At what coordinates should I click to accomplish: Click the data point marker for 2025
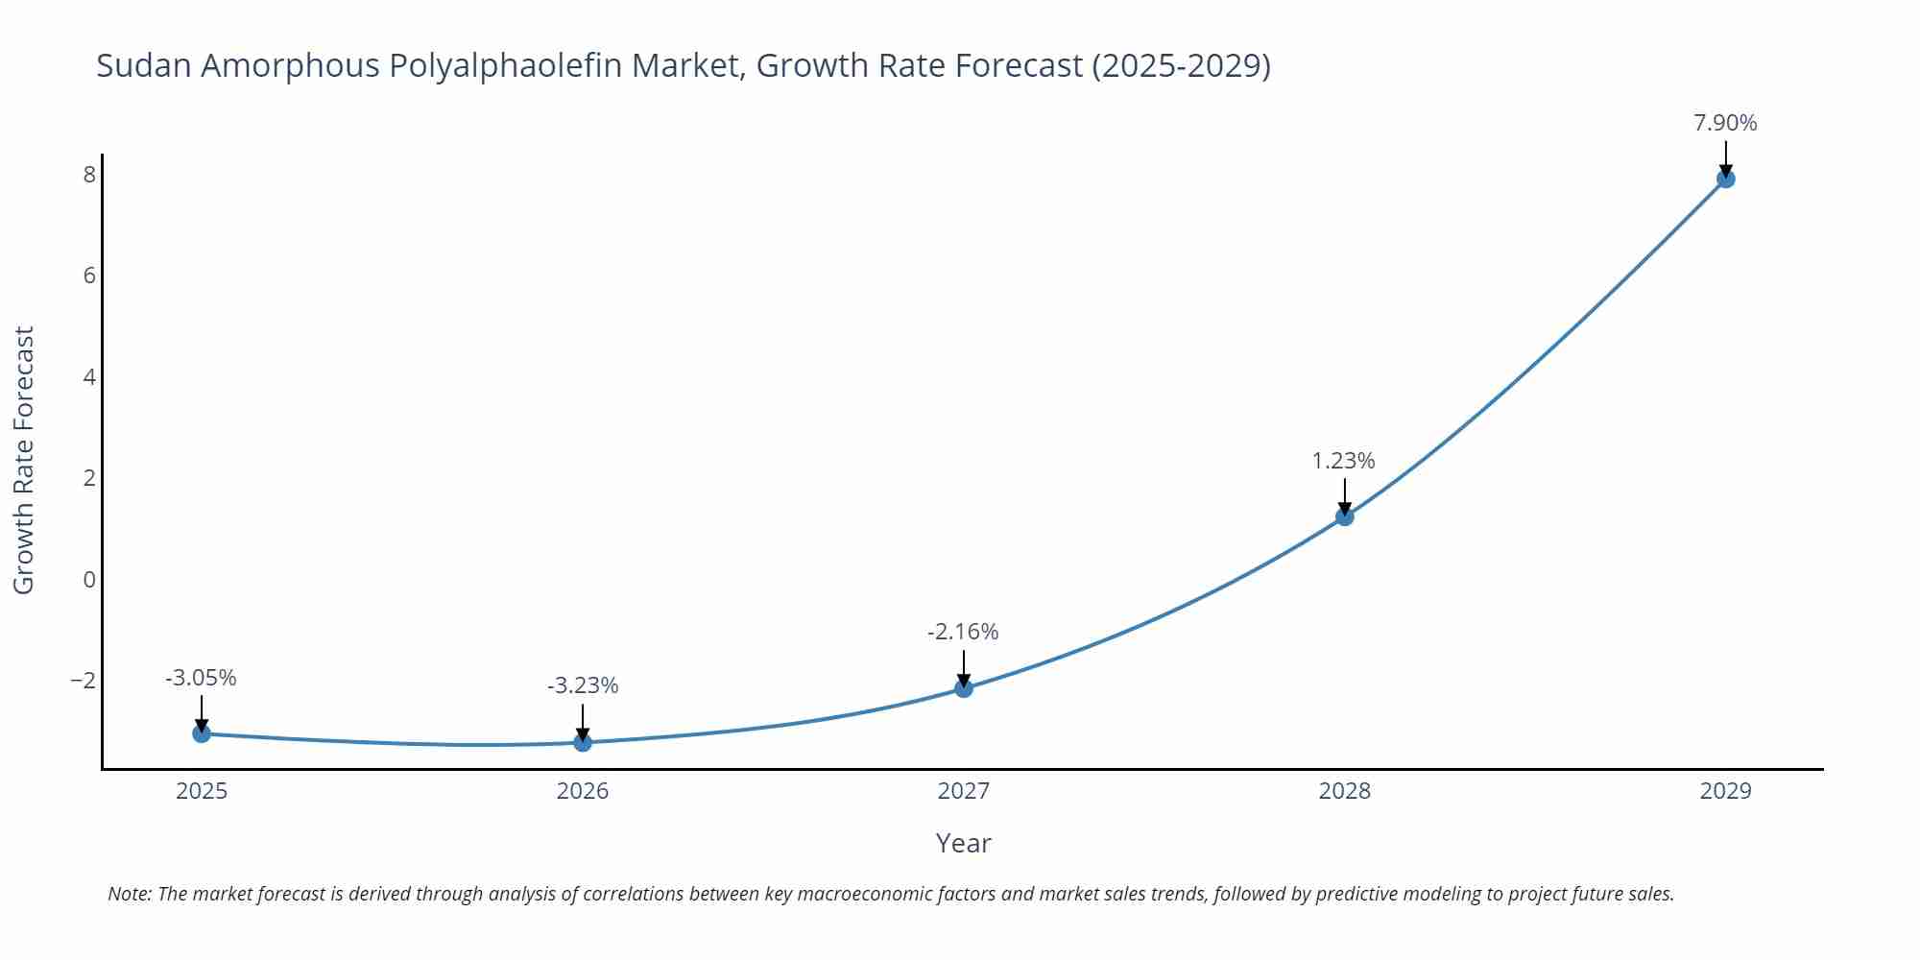pyautogui.click(x=202, y=733)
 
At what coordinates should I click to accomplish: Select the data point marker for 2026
pyautogui.click(x=583, y=742)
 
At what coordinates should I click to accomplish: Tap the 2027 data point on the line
pyautogui.click(x=964, y=688)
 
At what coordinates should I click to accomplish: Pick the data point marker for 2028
pyautogui.click(x=1345, y=516)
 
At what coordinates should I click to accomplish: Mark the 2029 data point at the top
pyautogui.click(x=1725, y=179)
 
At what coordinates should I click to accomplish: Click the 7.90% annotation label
pyautogui.click(x=1725, y=123)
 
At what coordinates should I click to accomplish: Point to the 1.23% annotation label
pyautogui.click(x=1343, y=461)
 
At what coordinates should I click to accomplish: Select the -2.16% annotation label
pyautogui.click(x=963, y=632)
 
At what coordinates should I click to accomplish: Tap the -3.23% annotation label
pyautogui.click(x=583, y=685)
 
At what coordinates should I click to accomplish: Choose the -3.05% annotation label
pyautogui.click(x=201, y=678)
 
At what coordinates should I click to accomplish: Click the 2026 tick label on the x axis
pyautogui.click(x=583, y=791)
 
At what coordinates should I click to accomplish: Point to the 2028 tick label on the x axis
pyautogui.click(x=1345, y=791)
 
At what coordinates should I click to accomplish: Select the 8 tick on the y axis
pyautogui.click(x=89, y=175)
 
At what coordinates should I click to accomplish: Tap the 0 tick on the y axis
pyautogui.click(x=89, y=580)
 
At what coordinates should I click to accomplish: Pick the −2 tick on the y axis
pyautogui.click(x=84, y=681)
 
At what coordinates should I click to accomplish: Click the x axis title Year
pyautogui.click(x=963, y=843)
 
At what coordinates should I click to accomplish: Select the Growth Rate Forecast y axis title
pyautogui.click(x=24, y=460)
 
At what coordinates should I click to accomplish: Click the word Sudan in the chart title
pyautogui.click(x=143, y=65)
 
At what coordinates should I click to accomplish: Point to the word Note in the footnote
pyautogui.click(x=128, y=894)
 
